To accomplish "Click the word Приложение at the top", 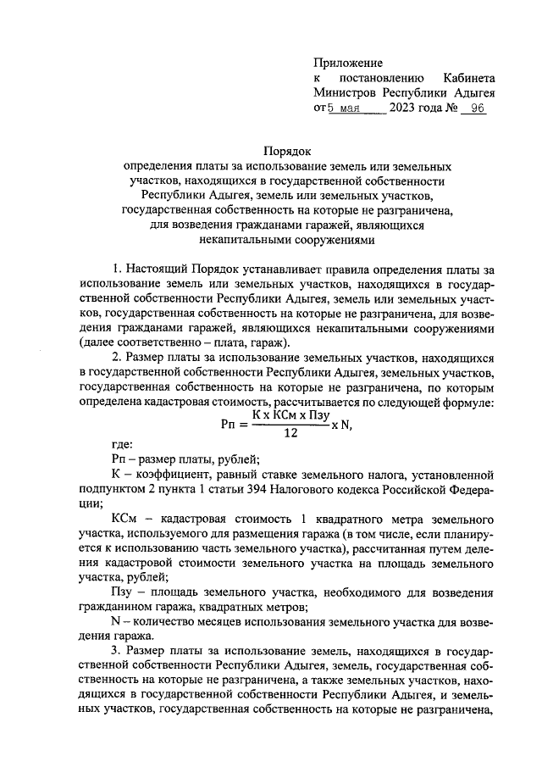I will point(348,63).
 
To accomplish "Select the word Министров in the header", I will point(345,93).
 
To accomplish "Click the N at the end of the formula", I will point(344,424).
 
